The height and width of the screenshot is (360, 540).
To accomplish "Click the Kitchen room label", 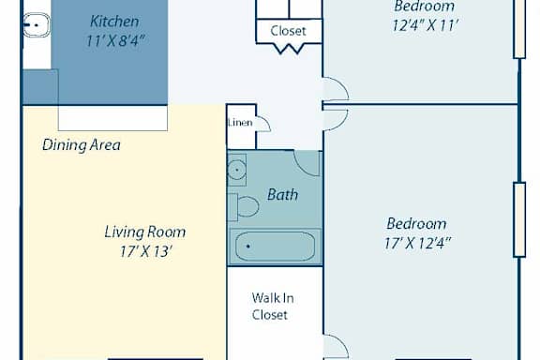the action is [x=114, y=22].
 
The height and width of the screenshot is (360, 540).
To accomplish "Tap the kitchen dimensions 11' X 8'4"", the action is [x=114, y=41].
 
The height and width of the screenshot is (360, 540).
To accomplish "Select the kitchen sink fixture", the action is [x=37, y=24].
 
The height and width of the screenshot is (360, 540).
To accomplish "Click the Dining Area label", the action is [x=82, y=145].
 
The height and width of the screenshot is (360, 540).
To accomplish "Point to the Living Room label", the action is [x=145, y=232].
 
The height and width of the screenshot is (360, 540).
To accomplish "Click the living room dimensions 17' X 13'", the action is [x=145, y=251].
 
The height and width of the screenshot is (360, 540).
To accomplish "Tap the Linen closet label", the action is [x=240, y=122].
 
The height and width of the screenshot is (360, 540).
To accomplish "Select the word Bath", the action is [x=282, y=195].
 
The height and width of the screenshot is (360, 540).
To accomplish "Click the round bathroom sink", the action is [x=236, y=171].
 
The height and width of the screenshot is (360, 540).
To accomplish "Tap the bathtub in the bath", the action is [x=275, y=246].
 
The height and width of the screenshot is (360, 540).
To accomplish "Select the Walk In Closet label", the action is [x=273, y=307].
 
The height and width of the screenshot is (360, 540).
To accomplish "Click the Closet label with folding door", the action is [x=288, y=31].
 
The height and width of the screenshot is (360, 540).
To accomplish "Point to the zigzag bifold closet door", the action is [x=290, y=49].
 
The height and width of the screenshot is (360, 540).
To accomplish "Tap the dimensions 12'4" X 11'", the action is [x=425, y=25].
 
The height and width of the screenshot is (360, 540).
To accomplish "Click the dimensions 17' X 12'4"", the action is [x=417, y=243].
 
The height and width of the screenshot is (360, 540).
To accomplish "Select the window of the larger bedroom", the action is [x=519, y=219].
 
